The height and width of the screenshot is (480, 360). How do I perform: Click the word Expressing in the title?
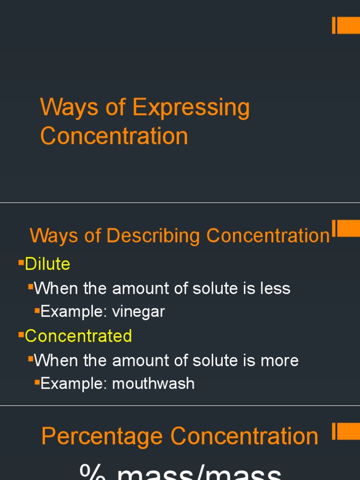point(191,108)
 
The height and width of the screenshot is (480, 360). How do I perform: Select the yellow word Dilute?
point(47,264)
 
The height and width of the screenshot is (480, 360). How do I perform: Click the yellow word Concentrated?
point(78,336)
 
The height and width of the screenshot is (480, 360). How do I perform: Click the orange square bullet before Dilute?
point(21,263)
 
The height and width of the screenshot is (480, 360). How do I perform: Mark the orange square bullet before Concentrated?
point(21,335)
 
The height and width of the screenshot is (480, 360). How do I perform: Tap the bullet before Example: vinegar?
point(37,311)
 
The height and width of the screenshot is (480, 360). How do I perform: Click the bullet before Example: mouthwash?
point(37,382)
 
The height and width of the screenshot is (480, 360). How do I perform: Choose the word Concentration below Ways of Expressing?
point(114,136)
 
